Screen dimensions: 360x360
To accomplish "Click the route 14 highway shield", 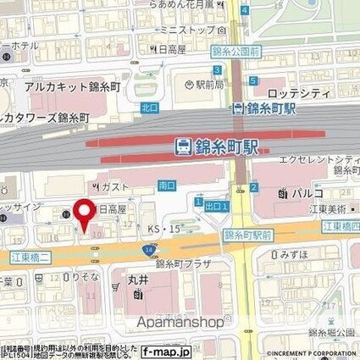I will coord(148,249).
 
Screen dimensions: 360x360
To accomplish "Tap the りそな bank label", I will coord(84,277).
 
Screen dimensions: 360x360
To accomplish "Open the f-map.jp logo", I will coord(165,351).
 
